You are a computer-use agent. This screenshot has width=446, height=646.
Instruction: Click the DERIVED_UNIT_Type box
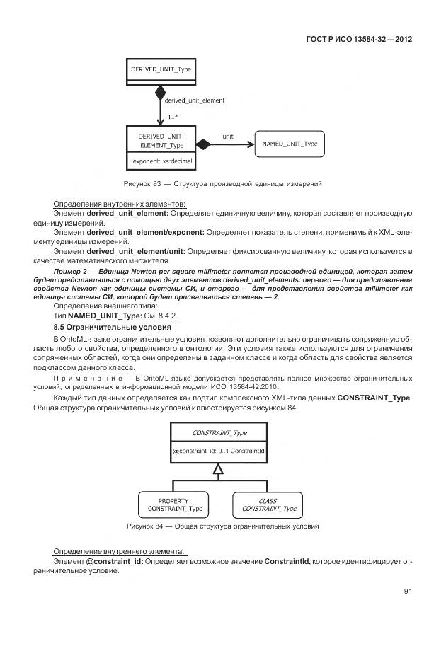160,69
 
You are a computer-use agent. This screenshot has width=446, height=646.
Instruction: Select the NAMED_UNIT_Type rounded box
290,144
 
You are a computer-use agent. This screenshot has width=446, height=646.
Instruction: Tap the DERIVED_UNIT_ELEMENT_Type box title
160,140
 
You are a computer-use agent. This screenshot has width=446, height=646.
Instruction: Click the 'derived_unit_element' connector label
194,100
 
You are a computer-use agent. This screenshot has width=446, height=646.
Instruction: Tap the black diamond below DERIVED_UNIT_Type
160,91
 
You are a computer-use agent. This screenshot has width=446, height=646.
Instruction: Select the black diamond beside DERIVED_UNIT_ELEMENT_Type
204,144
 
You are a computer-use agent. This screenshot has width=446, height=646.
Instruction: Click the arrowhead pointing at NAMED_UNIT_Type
249,144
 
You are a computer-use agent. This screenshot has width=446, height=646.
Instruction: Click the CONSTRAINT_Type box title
219,432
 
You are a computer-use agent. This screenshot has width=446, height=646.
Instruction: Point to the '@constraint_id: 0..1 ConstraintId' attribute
219,450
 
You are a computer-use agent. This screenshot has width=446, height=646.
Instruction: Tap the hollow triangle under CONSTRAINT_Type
219,468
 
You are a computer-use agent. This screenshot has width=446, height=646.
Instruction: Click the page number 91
408,592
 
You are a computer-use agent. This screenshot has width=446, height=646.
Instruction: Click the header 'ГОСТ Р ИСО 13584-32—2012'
359,39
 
